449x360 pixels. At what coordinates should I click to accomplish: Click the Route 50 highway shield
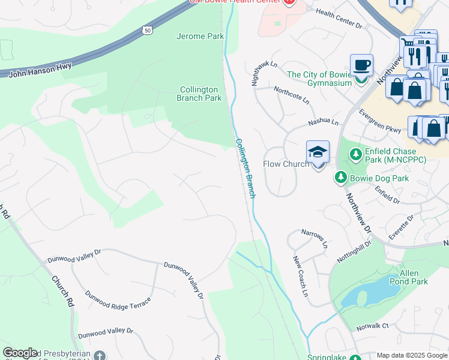tap(148, 29)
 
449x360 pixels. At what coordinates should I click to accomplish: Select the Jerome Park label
tap(200, 37)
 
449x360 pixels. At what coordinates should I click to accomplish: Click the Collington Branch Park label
tap(199, 94)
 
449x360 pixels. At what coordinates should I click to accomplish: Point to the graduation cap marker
tap(318, 152)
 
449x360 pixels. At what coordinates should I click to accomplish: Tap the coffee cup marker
tap(361, 65)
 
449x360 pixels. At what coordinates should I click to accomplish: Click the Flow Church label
tap(286, 164)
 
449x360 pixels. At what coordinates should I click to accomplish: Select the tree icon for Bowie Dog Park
tap(341, 178)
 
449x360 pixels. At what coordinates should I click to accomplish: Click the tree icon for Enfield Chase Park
tap(355, 154)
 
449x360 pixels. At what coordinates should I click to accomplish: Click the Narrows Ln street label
tap(315, 239)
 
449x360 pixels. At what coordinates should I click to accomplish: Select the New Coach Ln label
tap(300, 277)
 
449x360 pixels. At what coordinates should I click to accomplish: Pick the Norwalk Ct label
tap(372, 326)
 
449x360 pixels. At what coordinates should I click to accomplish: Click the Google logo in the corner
tap(20, 353)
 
